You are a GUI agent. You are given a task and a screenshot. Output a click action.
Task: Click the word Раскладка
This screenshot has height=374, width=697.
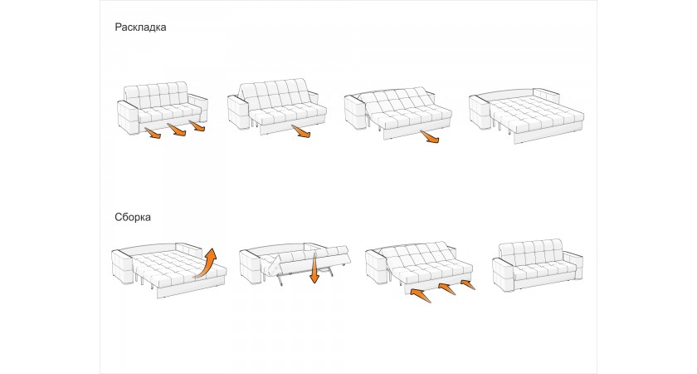(140, 27)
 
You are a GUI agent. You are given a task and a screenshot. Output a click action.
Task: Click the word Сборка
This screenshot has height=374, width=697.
(133, 217)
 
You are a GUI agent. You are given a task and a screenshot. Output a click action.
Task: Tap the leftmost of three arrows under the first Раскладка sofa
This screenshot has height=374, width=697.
(153, 133)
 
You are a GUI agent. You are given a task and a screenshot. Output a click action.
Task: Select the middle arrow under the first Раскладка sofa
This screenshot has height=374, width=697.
(177, 130)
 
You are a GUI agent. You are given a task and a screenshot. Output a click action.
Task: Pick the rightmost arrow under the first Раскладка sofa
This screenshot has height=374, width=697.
(197, 126)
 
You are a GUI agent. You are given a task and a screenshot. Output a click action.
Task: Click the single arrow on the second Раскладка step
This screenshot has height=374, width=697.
(301, 132)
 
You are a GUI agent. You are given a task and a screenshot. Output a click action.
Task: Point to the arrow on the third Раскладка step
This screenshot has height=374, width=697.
(430, 136)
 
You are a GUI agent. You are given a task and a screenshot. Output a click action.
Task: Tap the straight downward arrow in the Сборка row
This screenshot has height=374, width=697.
(314, 268)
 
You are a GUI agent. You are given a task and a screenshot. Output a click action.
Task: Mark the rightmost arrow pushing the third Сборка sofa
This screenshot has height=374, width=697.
(467, 284)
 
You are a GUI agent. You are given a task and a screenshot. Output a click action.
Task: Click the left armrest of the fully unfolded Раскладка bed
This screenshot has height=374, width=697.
(481, 114)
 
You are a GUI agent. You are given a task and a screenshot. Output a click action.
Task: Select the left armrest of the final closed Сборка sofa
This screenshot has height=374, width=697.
(504, 274)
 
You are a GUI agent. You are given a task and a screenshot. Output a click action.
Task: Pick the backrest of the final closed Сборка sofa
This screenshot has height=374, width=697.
(532, 252)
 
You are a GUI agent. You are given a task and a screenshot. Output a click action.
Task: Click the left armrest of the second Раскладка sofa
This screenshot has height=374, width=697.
(239, 111)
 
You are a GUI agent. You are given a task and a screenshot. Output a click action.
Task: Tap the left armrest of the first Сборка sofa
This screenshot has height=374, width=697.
(123, 266)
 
